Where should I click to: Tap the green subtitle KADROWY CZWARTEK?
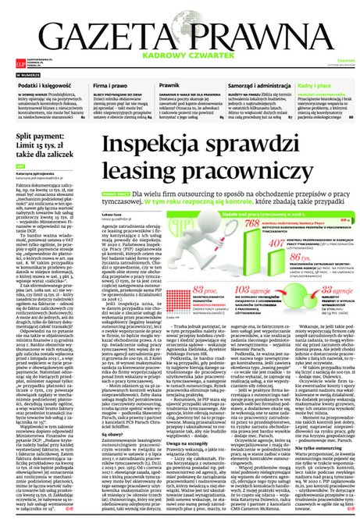tap(179, 56)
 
